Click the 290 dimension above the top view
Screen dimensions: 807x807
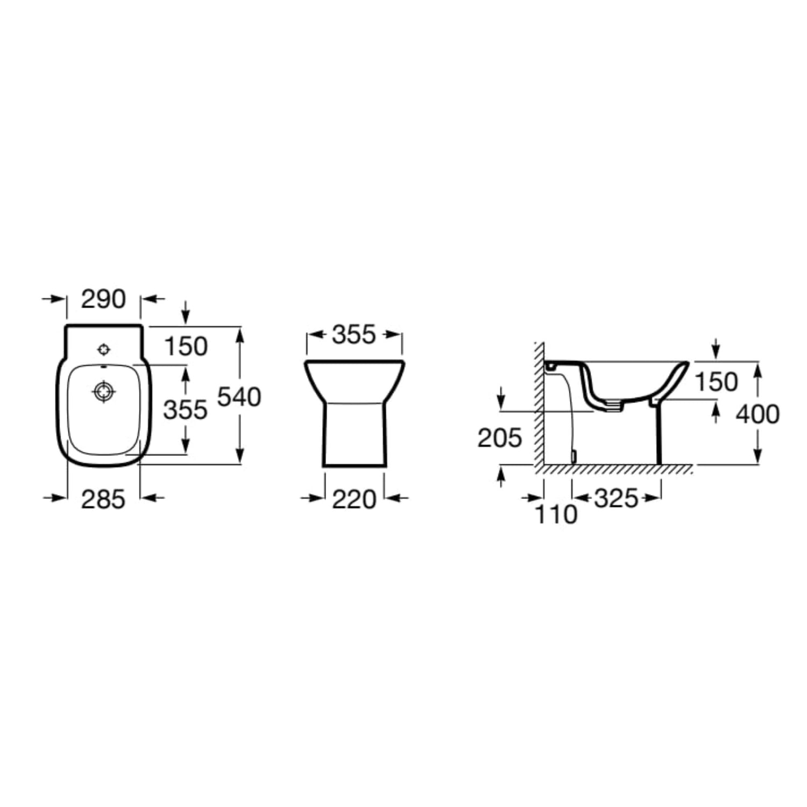click(x=103, y=299)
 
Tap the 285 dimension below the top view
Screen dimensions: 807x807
click(x=103, y=499)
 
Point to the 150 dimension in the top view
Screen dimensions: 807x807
click(x=186, y=346)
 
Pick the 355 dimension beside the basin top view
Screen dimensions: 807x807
click(x=186, y=410)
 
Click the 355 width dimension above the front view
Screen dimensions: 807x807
click(x=353, y=335)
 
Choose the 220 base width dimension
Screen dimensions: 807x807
click(x=353, y=499)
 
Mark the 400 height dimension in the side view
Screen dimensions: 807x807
click(x=758, y=414)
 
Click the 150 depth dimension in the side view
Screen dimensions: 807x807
click(x=716, y=382)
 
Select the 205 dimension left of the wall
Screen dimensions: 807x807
click(x=500, y=438)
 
